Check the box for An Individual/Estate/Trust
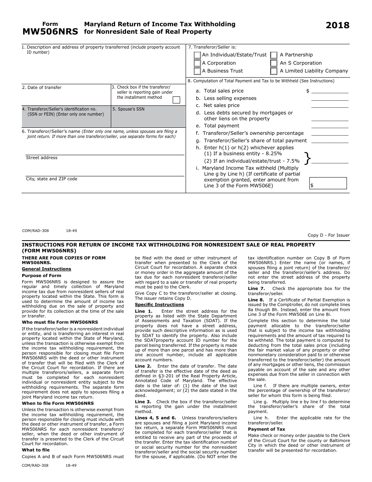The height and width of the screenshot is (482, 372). pyautogui.click(x=197, y=55)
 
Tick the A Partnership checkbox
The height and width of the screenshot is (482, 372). pyautogui.click(x=274, y=55)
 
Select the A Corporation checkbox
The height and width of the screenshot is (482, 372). pyautogui.click(x=197, y=63)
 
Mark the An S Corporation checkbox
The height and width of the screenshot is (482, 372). pyautogui.click(x=274, y=63)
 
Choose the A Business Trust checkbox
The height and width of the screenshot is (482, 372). pyautogui.click(x=197, y=71)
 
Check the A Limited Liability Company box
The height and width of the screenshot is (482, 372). pyautogui.click(x=274, y=71)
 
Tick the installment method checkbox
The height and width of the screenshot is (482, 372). pyautogui.click(x=176, y=100)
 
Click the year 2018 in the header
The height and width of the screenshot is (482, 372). pyautogui.click(x=338, y=25)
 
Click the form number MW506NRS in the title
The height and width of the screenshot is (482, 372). pyautogui.click(x=50, y=32)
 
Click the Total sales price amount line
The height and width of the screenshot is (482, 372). pyautogui.click(x=329, y=91)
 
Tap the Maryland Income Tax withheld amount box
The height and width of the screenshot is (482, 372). pyautogui.click(x=328, y=183)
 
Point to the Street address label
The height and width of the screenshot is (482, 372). pyautogui.click(x=42, y=158)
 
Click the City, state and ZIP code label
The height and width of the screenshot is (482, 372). pyautogui.click(x=52, y=179)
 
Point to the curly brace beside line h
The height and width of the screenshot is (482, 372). pyautogui.click(x=308, y=158)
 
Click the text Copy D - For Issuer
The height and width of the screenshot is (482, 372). pyautogui.click(x=329, y=235)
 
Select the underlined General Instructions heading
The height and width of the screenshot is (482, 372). pyautogui.click(x=46, y=269)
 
